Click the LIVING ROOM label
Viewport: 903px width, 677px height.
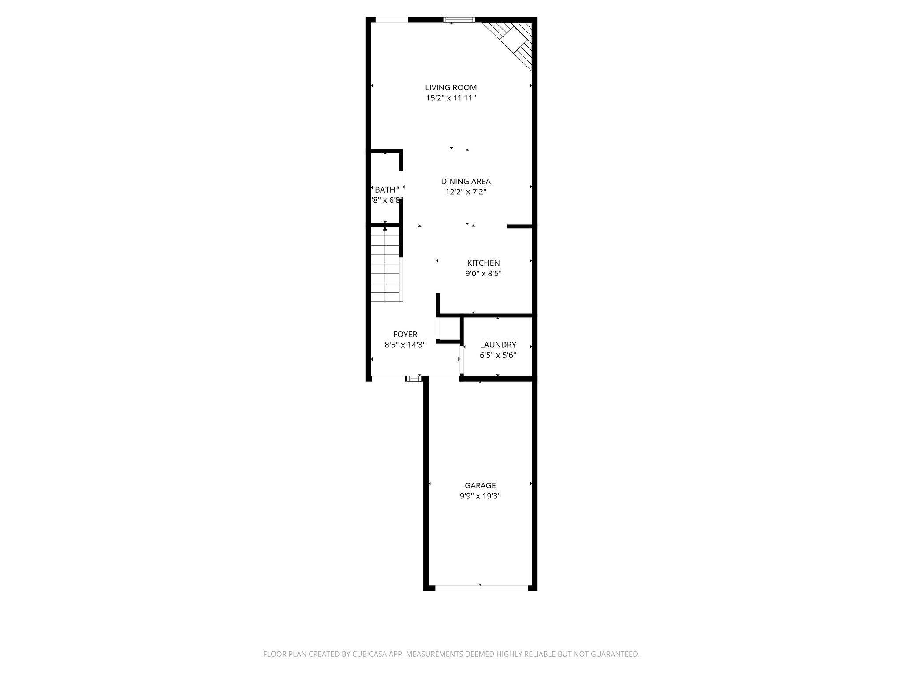[451, 88]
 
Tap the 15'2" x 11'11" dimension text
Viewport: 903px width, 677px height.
[451, 98]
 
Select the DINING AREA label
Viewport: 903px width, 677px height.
[466, 181]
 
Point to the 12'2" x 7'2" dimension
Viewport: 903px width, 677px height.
[466, 192]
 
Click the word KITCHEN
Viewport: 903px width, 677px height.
[483, 263]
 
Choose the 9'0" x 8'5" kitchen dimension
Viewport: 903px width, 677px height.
[483, 273]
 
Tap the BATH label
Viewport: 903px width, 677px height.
[385, 190]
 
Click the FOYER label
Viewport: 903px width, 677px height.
[405, 335]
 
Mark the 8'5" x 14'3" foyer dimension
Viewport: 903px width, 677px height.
[405, 345]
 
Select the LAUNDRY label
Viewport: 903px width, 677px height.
[498, 345]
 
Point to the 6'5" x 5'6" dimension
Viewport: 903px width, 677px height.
[498, 355]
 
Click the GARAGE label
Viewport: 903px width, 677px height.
[480, 485]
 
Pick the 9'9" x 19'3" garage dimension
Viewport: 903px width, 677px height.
[480, 496]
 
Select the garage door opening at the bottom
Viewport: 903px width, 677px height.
[481, 588]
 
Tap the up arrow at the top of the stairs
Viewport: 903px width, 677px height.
[385, 228]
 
